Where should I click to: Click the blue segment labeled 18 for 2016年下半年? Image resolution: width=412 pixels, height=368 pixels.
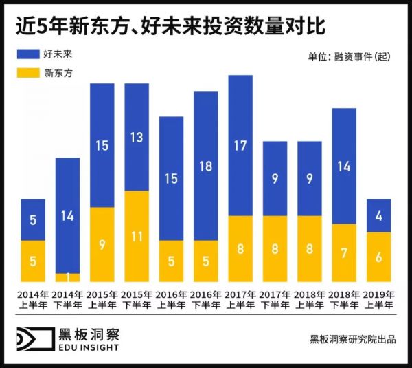coord(205,166)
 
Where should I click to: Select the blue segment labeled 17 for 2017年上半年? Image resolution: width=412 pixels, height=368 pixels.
coord(240,145)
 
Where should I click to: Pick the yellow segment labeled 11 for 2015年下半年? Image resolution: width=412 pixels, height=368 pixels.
coord(136,236)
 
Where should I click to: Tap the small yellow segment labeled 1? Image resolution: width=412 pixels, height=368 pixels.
coord(67,277)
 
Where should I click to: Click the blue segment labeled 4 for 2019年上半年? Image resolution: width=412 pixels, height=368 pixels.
coord(378,215)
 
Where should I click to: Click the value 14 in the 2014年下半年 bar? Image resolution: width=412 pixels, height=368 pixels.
coord(67,215)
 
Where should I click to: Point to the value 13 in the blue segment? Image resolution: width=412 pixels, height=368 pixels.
coord(136,138)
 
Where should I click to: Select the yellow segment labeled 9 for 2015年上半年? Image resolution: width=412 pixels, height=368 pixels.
coord(102,244)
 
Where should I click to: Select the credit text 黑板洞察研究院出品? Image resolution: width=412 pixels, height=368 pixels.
coord(352,339)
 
